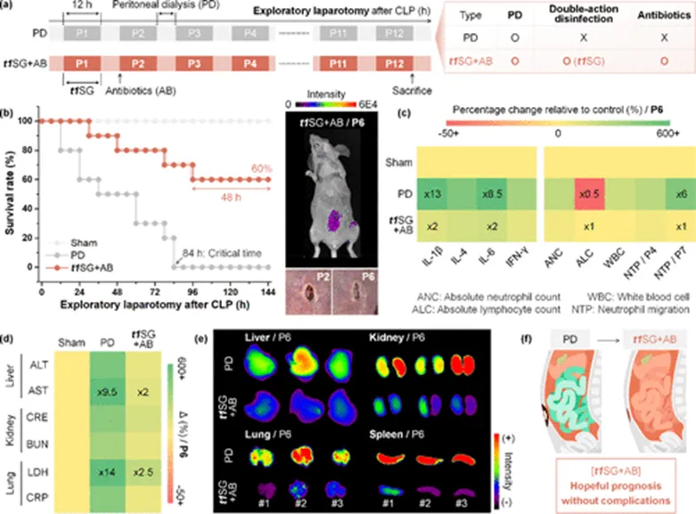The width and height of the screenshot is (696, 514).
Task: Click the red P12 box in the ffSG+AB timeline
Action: pos(394,64)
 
